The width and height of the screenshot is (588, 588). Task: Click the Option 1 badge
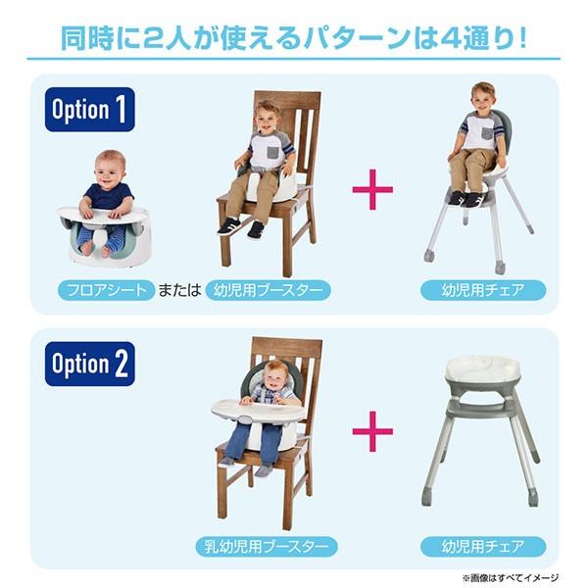(89, 110)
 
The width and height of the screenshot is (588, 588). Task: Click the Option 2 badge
(89, 365)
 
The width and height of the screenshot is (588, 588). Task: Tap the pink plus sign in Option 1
(372, 188)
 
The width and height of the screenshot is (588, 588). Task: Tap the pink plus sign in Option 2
(372, 430)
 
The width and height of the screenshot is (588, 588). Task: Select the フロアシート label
(106, 291)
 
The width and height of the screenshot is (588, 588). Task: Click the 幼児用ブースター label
(268, 291)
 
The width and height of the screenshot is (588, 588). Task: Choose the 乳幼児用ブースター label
(267, 546)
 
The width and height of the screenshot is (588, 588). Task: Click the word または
(180, 291)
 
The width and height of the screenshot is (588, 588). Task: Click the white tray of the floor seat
(102, 213)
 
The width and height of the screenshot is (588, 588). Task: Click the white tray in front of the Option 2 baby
(251, 409)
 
